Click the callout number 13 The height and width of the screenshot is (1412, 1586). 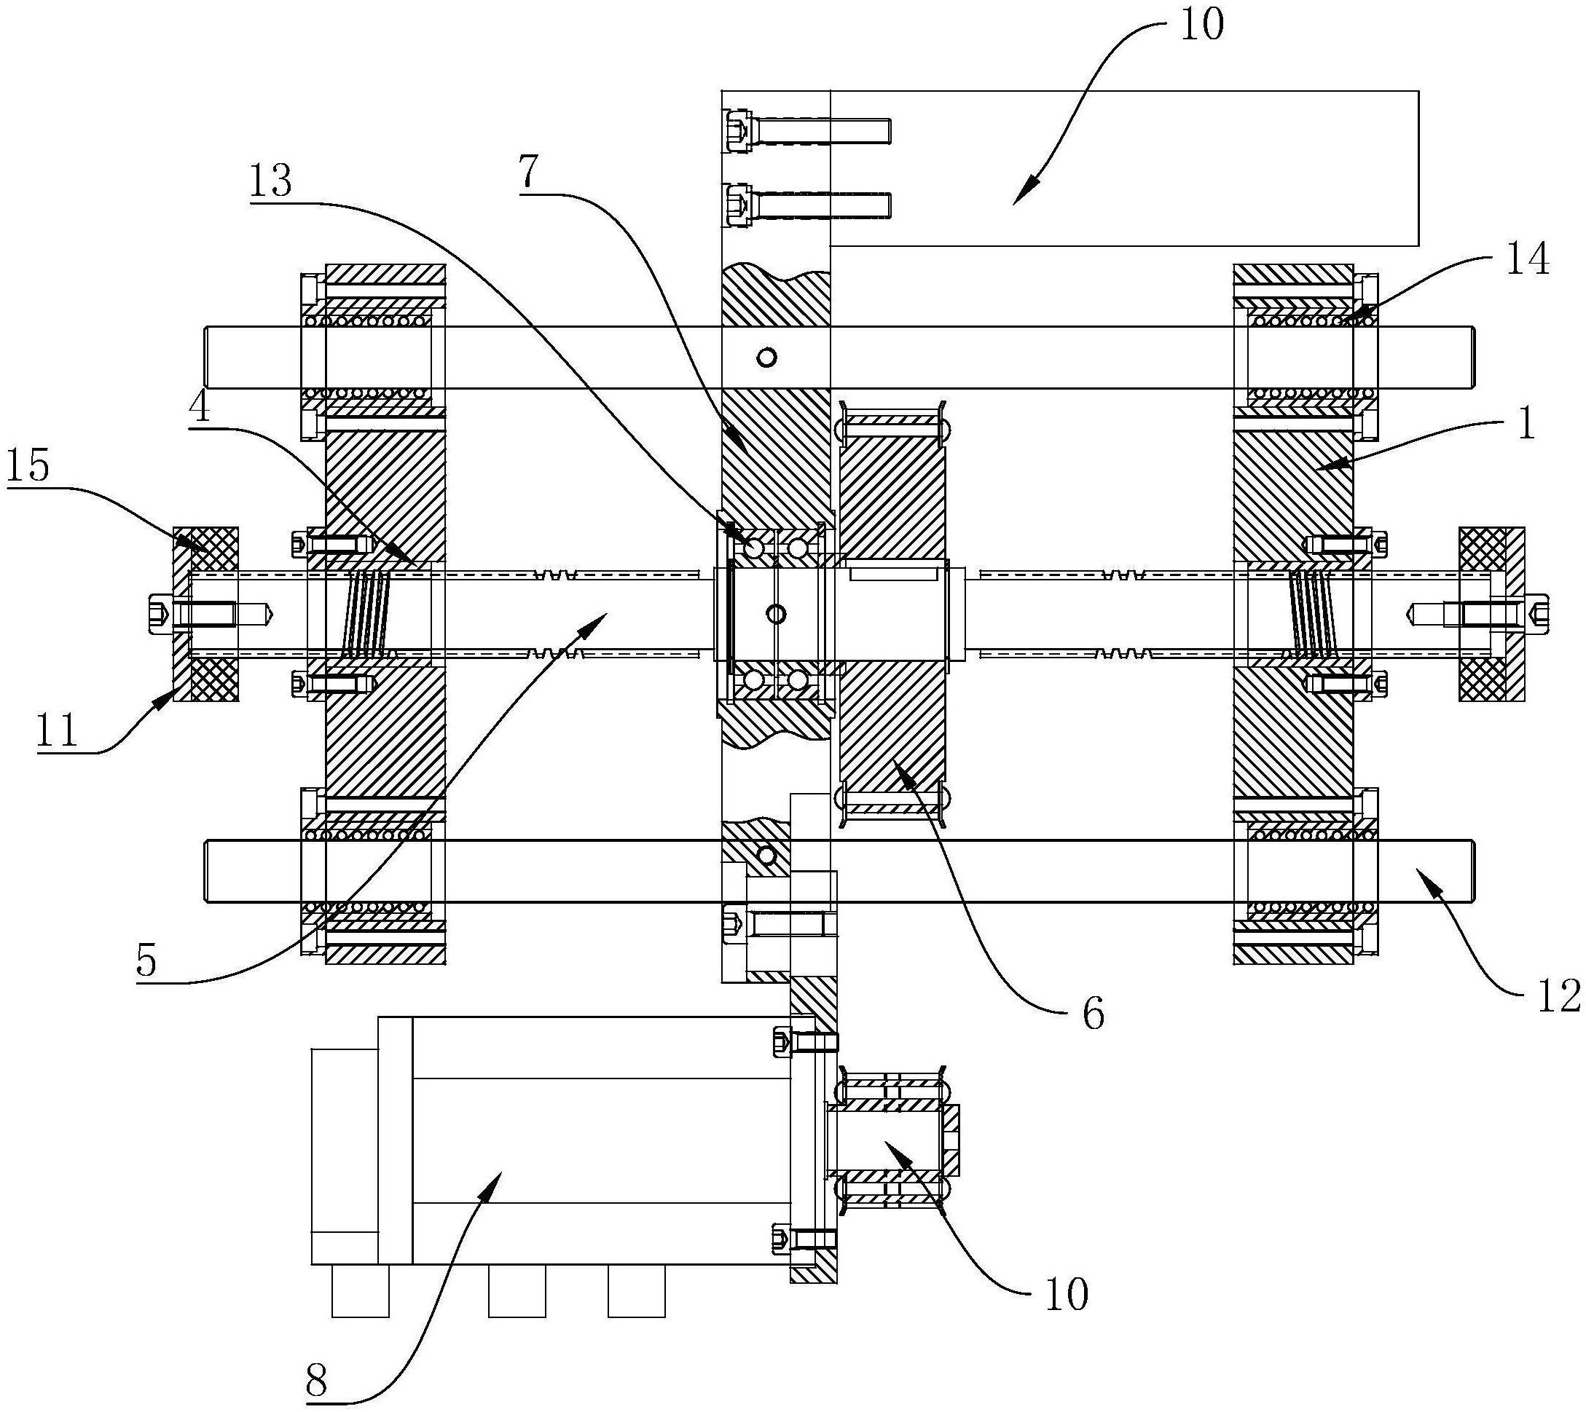pos(270,182)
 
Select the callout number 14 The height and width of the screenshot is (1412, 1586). pos(1528,261)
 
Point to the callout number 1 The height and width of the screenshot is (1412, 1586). pos(1526,425)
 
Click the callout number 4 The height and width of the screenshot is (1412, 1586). pos(200,406)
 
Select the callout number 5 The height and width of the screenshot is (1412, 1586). pos(146,962)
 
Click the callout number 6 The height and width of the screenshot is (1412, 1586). pos(1093,1013)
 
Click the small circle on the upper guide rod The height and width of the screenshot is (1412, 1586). pos(768,357)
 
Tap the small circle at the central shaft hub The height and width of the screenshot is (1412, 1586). pos(774,615)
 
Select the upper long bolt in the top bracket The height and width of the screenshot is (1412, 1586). pos(807,131)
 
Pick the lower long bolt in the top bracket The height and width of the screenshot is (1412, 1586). pos(807,205)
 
